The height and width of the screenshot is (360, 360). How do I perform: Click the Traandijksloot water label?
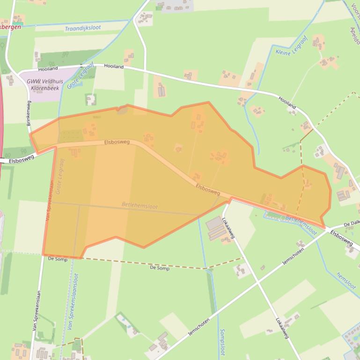tap(83, 28)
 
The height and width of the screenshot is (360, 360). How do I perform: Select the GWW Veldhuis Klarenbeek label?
tap(45, 84)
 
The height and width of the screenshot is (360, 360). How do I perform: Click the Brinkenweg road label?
tap(29, 112)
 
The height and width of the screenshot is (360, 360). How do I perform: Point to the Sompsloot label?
tap(221, 342)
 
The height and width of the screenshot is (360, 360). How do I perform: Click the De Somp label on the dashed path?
tap(160, 268)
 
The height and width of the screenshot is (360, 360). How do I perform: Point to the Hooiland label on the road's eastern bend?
tap(287, 103)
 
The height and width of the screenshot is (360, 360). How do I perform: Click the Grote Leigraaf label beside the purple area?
tap(74, 77)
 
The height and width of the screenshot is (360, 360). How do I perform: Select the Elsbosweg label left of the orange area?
tap(22, 159)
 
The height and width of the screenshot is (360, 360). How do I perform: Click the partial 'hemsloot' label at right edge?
tap(346, 281)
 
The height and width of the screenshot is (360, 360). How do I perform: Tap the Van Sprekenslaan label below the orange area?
tap(36, 311)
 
